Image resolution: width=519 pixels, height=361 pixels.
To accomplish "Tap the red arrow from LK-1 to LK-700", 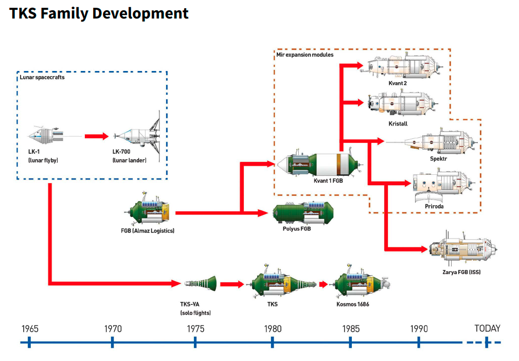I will [x=97, y=136].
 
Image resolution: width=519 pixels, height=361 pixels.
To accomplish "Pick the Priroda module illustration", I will [x=440, y=186].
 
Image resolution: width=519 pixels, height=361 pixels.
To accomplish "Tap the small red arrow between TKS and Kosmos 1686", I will [x=323, y=284].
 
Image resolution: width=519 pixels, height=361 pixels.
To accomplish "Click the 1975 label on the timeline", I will [x=195, y=329].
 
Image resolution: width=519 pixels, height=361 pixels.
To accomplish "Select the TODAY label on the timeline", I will [x=487, y=329].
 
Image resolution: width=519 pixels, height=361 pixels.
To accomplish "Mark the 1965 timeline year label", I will [x=30, y=329].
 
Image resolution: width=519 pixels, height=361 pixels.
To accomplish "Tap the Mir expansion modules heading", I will [x=305, y=55].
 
